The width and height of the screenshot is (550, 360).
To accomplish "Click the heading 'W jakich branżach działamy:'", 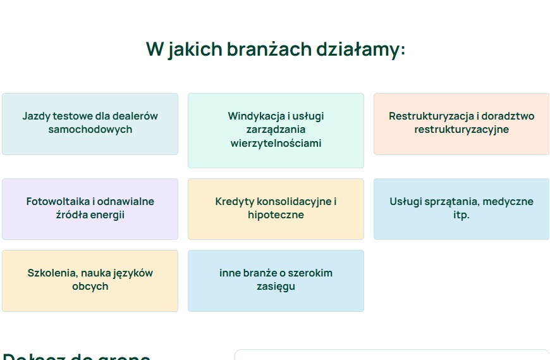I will point(275,49).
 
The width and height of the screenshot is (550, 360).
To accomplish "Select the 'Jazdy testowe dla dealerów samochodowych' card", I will point(90,123).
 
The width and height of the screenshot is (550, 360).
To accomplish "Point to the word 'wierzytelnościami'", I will point(276,143).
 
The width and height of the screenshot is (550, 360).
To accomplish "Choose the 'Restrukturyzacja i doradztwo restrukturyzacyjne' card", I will point(461,123).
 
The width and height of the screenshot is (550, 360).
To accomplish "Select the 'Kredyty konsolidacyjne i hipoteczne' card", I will point(276,209).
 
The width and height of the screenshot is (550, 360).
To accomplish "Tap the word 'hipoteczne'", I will point(276,215).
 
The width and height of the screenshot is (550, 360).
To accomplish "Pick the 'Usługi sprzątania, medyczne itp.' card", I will point(461,209).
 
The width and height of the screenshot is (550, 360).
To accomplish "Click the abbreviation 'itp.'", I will point(461,215).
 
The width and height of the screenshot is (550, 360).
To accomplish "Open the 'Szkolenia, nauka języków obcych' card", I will point(90,280).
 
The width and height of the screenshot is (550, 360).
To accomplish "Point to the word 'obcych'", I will point(90,287).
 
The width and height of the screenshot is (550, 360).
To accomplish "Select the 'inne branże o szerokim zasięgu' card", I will point(276,280).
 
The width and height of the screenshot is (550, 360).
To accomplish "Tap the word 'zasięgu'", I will point(276,287).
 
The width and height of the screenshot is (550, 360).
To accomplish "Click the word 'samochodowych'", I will point(90,130).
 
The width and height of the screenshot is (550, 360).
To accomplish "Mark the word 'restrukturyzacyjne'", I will point(461,130).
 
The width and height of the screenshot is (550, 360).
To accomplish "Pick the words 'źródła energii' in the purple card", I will point(90,215).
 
